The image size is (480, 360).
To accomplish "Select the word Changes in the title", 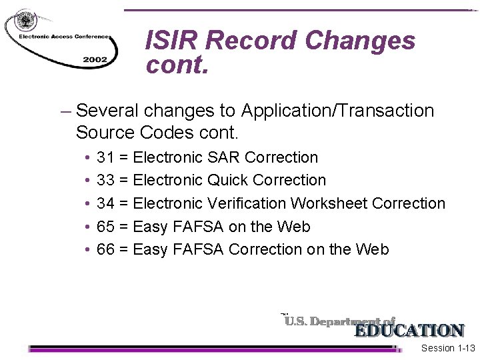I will point(361,41).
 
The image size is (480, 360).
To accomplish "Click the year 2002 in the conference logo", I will point(95,59).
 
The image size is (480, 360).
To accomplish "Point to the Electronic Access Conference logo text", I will point(58,37).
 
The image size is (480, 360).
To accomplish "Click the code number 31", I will point(105,158).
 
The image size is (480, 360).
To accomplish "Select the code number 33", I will point(105,181).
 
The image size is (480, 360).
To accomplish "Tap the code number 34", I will point(105,203).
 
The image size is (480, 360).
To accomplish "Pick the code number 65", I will point(105,227).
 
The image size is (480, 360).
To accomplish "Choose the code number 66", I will point(105,249).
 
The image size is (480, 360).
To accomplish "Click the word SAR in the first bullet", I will point(224,158).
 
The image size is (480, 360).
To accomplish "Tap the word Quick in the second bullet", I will point(230,181).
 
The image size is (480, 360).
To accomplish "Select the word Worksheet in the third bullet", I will point(333,203).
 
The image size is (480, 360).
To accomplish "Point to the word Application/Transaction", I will point(338,111).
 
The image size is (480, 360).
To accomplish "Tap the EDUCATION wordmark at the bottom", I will point(409,331).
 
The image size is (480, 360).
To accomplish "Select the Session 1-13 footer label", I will point(448,349).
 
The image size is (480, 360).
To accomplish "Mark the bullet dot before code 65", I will point(89,227).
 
